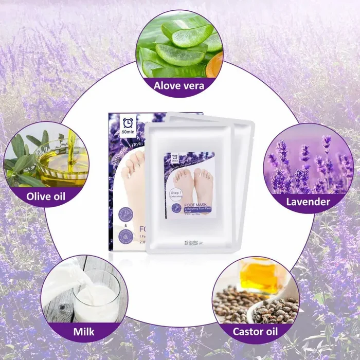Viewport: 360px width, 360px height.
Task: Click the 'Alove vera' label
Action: coord(178,85)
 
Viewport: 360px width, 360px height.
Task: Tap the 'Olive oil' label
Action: coord(46,196)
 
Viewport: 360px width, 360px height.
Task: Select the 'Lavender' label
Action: coord(308,201)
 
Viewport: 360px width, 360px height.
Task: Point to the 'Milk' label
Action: coord(84,331)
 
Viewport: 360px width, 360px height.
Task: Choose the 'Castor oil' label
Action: coord(256,331)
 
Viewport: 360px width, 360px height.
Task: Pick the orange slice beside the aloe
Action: coord(214,64)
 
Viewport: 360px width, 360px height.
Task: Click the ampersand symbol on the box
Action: coord(125,225)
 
